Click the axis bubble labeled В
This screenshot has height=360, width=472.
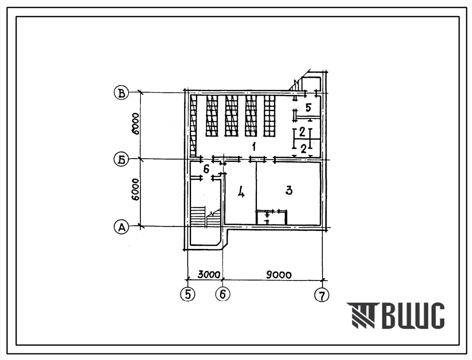pos(121,93)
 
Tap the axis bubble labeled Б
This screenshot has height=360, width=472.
pos(121,159)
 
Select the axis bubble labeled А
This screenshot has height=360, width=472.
pos(121,227)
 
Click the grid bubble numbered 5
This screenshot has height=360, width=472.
pos(188,295)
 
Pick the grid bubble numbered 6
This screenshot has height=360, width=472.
pos(223,294)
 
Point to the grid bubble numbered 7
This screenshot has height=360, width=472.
pos(322,295)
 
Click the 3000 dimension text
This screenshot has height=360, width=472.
pos(209,275)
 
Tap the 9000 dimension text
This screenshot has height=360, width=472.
pos(279,275)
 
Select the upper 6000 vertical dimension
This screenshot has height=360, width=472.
pos(136,124)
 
